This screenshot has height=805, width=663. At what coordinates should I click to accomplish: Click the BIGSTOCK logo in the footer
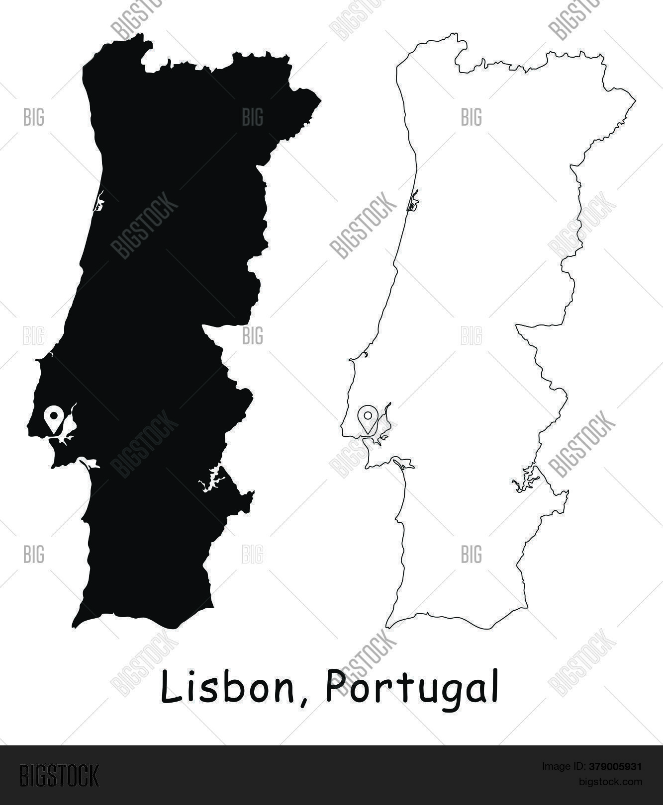click(59, 776)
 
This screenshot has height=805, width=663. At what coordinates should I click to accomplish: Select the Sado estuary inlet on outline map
click(403, 464)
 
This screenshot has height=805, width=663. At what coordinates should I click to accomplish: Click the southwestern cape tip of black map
click(74, 626)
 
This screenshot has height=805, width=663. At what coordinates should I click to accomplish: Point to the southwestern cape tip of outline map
click(387, 626)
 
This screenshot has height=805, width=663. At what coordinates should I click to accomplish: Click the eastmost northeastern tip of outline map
click(635, 101)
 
